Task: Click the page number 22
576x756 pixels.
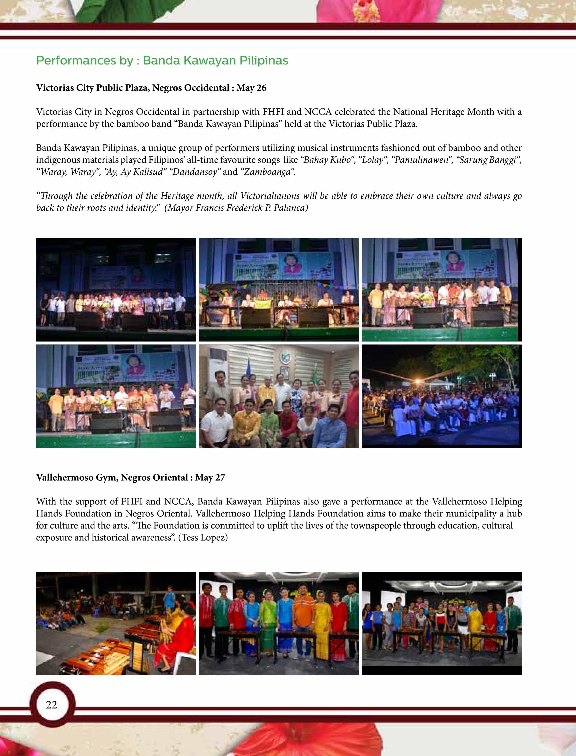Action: [51, 705]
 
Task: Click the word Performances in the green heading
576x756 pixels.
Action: [76, 61]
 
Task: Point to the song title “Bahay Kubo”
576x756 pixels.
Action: [327, 160]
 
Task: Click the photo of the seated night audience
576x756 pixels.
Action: [442, 396]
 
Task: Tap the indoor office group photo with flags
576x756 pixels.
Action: [279, 396]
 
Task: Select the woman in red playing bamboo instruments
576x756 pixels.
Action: [171, 638]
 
